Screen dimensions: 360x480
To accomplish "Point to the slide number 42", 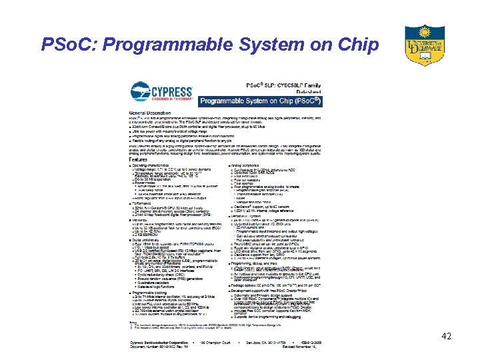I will coord(446,337).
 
